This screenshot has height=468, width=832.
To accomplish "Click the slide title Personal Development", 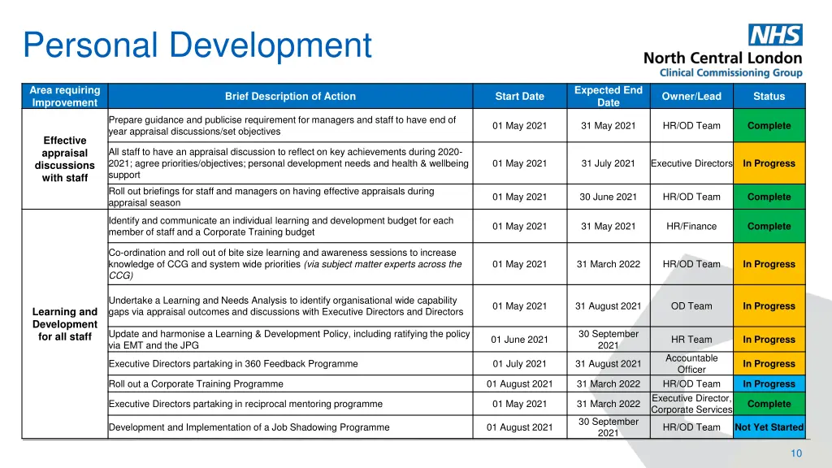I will tap(197, 45).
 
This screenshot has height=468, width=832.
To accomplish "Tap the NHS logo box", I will tap(775, 35).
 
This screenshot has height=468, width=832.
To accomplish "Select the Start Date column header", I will tap(519, 97).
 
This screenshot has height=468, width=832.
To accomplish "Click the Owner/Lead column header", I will tap(691, 97).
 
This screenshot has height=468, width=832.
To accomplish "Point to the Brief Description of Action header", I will tap(290, 97).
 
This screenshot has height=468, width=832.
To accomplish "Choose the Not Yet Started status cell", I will tap(769, 427).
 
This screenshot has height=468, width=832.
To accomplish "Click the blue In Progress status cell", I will tap(769, 384).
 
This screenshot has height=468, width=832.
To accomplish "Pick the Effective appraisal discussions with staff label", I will tap(64, 159).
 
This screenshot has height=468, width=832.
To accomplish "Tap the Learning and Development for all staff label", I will tap(64, 324).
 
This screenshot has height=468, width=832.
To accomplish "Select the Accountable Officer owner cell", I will tap(691, 364).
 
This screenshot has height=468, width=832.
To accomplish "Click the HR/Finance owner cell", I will tap(691, 227).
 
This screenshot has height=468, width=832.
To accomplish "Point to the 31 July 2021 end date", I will tap(608, 163).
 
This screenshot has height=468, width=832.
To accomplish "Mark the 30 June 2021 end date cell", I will tap(608, 197).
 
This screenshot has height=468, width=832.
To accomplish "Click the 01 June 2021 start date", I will tap(519, 340).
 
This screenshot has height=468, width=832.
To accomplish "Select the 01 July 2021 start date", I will tap(519, 364).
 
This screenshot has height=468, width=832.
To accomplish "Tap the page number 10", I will tap(796, 453).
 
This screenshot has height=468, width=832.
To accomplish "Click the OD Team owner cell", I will tap(691, 306).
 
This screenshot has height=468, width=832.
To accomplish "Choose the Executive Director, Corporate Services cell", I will tap(691, 404).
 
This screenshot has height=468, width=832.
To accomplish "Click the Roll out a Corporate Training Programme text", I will tap(196, 384).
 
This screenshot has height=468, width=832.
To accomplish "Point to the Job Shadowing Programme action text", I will tap(249, 427).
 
